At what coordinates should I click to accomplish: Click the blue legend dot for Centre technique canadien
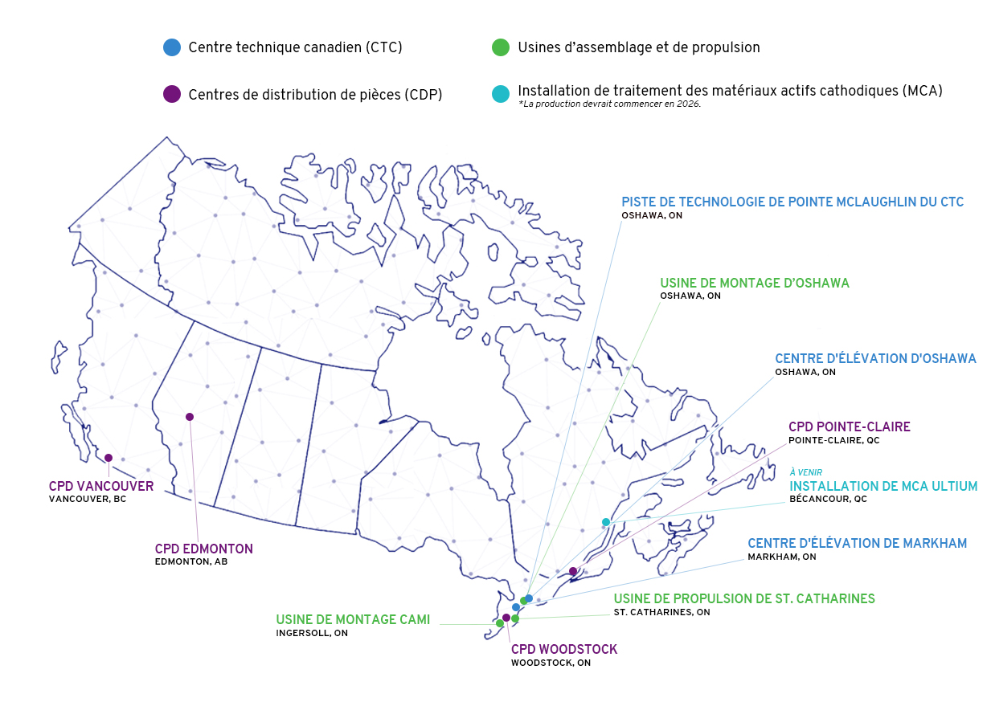click(x=171, y=47)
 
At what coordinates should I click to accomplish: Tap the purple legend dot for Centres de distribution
click(x=171, y=94)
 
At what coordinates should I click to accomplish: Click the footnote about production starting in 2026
click(x=610, y=104)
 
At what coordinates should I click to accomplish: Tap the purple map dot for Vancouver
click(x=109, y=458)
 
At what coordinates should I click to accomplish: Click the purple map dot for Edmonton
click(x=190, y=416)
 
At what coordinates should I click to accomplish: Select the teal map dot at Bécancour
click(x=606, y=522)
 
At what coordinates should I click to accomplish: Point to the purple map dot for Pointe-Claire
click(x=573, y=571)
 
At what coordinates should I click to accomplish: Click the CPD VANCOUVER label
click(x=100, y=486)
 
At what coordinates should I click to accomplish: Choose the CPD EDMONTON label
click(x=204, y=549)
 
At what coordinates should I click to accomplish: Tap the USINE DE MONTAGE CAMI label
click(x=353, y=619)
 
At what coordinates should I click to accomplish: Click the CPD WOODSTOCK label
click(x=564, y=649)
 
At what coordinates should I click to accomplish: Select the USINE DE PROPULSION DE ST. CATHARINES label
click(x=744, y=598)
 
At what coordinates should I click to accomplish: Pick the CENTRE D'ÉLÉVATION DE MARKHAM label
click(x=857, y=543)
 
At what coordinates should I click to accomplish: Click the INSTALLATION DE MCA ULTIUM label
click(x=883, y=486)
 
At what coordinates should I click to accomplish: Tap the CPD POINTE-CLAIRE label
click(x=849, y=427)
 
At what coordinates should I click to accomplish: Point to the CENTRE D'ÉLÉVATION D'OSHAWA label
click(x=875, y=358)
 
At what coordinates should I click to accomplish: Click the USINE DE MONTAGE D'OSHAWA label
click(x=754, y=283)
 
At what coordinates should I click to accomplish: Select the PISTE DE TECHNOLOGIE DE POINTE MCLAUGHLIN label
click(x=792, y=202)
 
